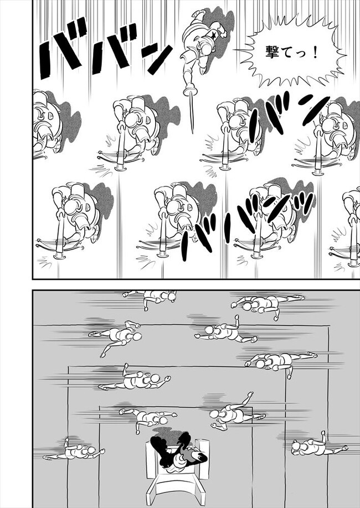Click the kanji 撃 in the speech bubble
(x=272, y=52)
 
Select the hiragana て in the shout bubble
(x=287, y=53)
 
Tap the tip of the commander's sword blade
(x=192, y=132)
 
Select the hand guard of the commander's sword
(x=189, y=92)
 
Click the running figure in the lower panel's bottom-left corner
(x=75, y=449)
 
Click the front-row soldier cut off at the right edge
(x=351, y=227)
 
